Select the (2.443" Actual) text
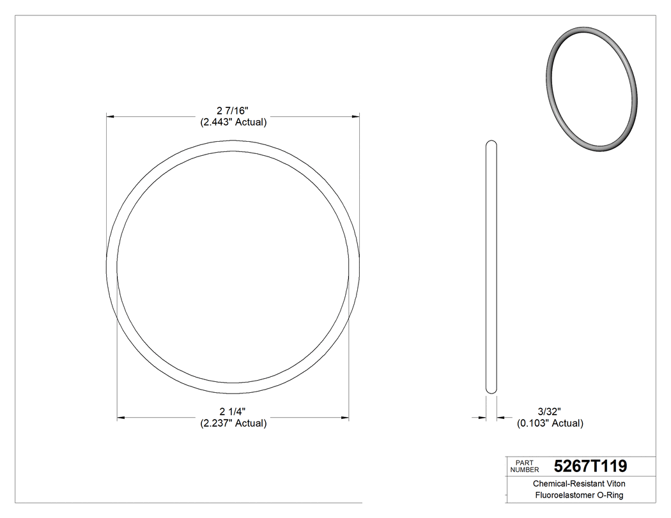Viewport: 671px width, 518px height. click(x=233, y=122)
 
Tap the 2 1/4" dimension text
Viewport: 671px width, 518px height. click(x=233, y=412)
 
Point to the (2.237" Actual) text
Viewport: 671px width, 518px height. click(x=233, y=423)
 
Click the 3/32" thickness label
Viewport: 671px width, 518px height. click(x=550, y=412)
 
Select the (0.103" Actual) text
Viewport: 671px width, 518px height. click(x=550, y=423)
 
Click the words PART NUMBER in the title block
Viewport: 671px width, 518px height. click(x=523, y=466)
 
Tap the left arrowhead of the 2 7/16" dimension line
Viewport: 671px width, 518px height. click(x=109, y=117)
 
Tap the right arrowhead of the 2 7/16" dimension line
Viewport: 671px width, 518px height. click(x=356, y=117)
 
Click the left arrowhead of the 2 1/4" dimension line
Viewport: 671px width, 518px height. click(x=120, y=418)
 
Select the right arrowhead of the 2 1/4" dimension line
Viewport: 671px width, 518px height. click(x=345, y=418)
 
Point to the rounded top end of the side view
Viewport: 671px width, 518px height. click(x=491, y=142)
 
